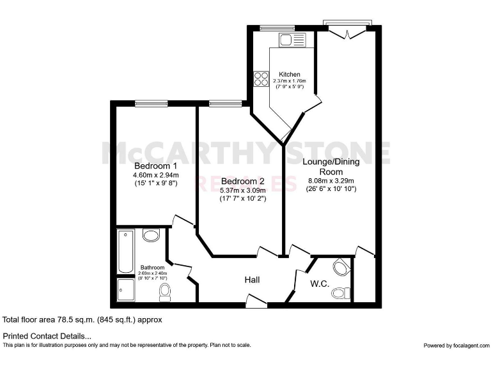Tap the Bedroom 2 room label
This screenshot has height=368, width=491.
tap(239, 181)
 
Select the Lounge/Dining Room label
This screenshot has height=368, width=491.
tap(331, 167)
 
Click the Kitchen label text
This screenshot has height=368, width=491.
tap(290, 75)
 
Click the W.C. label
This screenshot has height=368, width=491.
tap(320, 283)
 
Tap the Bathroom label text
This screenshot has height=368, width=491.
tap(153, 268)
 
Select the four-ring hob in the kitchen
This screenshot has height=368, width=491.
tap(261, 79)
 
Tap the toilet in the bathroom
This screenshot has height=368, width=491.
tap(165, 292)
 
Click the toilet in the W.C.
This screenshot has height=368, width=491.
tap(342, 293)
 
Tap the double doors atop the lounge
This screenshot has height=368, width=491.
tap(348, 28)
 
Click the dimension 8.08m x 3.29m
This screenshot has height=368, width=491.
tap(331, 180)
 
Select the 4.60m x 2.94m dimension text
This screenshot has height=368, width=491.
tap(156, 174)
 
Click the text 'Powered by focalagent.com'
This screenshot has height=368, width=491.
tap(455, 345)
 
